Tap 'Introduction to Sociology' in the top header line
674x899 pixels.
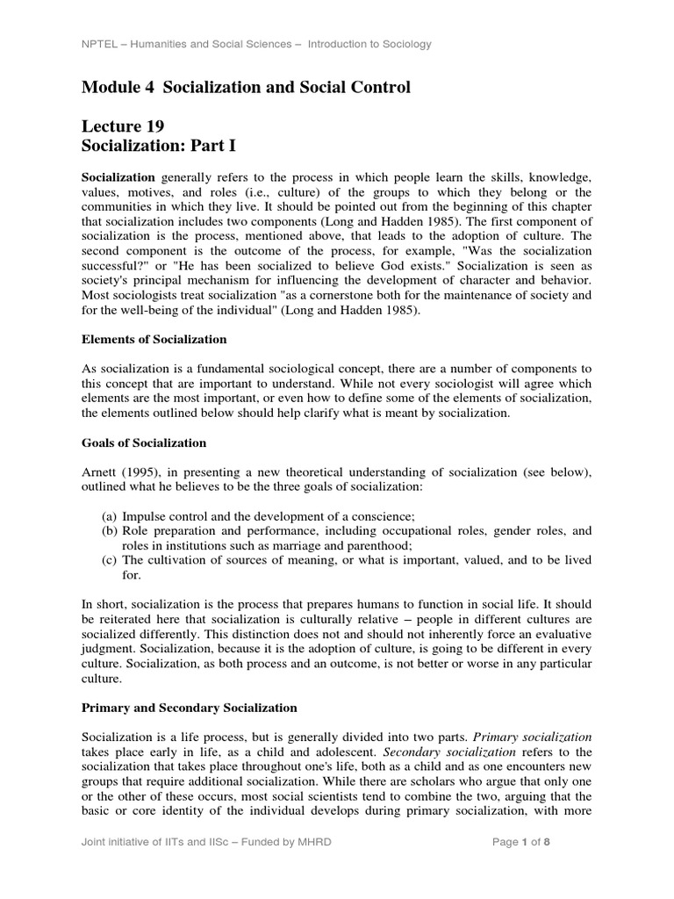[362, 45]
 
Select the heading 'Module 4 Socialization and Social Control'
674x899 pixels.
[245, 87]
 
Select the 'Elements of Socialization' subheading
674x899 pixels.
[154, 339]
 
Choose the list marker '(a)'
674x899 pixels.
[110, 514]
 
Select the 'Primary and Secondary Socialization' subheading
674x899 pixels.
[189, 707]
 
